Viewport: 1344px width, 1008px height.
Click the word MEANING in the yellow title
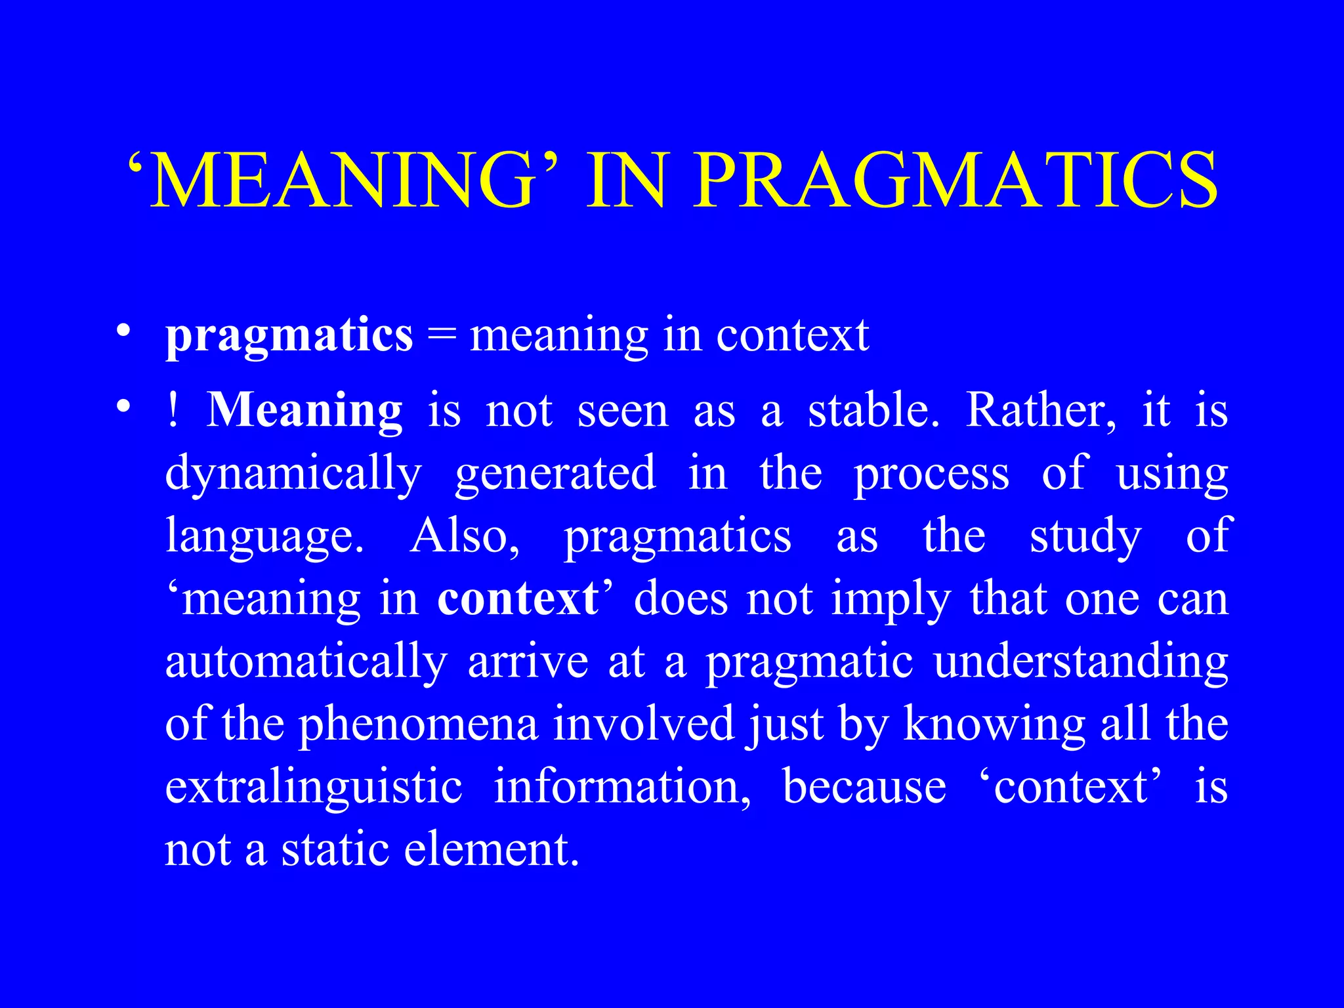[342, 179]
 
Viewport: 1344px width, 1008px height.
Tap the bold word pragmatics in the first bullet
[289, 335]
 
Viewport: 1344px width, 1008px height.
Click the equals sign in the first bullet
[441, 337]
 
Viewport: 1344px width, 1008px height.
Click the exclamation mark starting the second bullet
[173, 410]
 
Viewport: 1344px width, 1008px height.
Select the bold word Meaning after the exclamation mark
[304, 411]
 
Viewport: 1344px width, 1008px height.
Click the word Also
[465, 536]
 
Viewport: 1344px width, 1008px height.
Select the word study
[1085, 536]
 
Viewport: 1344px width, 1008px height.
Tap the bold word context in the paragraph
[518, 599]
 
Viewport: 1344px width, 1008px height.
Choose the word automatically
[306, 662]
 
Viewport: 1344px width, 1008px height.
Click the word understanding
[1081, 662]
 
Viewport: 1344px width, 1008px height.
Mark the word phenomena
[418, 724]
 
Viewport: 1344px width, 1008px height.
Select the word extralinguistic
[314, 787]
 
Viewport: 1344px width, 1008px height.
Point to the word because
[864, 787]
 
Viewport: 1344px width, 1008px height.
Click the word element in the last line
[492, 850]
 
